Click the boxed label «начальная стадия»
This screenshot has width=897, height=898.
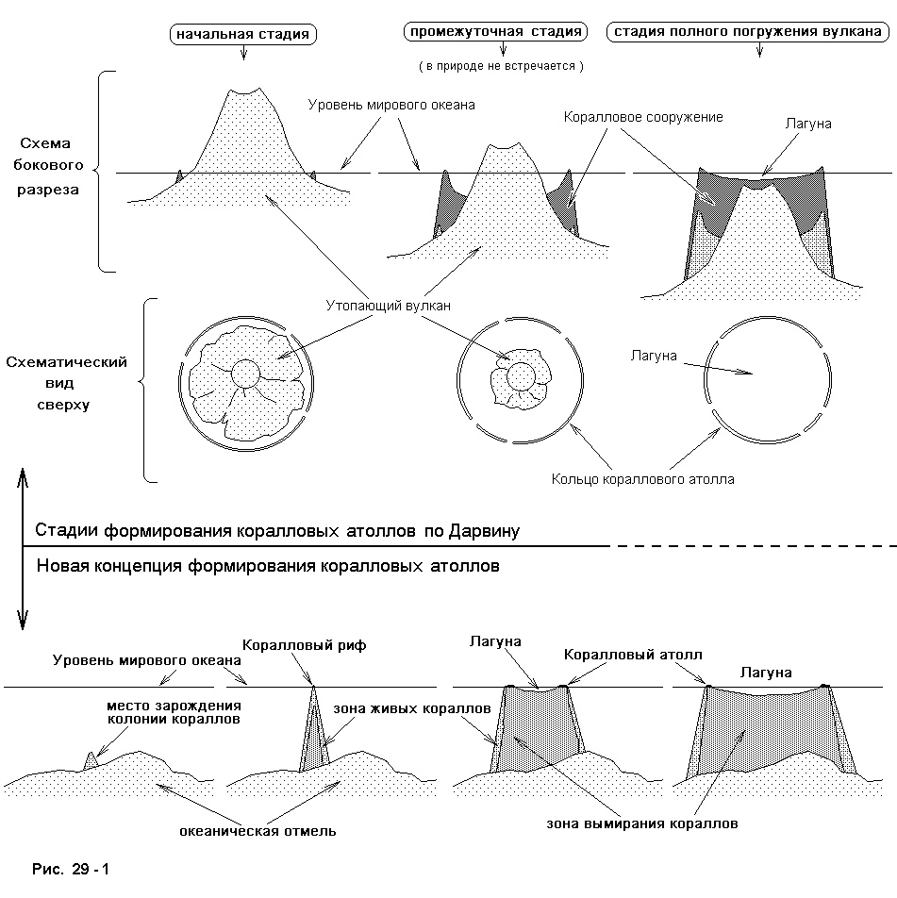(242, 34)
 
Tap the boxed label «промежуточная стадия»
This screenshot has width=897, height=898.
(496, 31)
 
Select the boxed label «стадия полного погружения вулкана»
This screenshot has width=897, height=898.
(747, 31)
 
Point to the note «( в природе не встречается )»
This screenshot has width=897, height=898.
(501, 66)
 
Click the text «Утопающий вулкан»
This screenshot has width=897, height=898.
(388, 306)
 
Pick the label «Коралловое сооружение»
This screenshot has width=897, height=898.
(643, 117)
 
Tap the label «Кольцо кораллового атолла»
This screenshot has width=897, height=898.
(642, 479)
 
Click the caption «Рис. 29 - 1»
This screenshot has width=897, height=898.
(71, 869)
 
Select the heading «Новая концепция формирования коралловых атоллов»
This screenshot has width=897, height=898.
(268, 566)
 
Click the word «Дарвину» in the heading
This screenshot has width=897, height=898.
(484, 531)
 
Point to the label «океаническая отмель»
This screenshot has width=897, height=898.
(257, 831)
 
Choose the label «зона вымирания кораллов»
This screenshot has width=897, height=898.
(642, 823)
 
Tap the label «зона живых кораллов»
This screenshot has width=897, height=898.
(412, 708)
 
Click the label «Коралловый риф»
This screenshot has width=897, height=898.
(304, 645)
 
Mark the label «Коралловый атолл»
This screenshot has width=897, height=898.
(633, 654)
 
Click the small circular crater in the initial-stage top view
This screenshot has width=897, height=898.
(246, 374)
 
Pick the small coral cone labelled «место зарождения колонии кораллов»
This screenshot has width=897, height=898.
(91, 761)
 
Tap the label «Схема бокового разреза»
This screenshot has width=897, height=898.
(48, 166)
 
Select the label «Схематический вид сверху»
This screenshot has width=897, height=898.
(66, 383)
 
